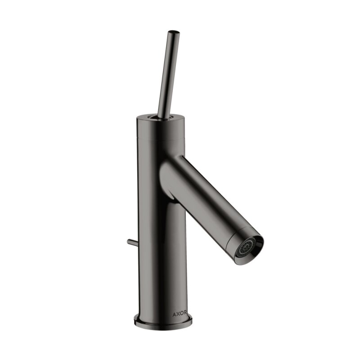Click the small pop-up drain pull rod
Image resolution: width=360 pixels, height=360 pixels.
click(131, 243)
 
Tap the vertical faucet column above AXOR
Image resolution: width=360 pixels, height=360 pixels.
click(160, 252)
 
